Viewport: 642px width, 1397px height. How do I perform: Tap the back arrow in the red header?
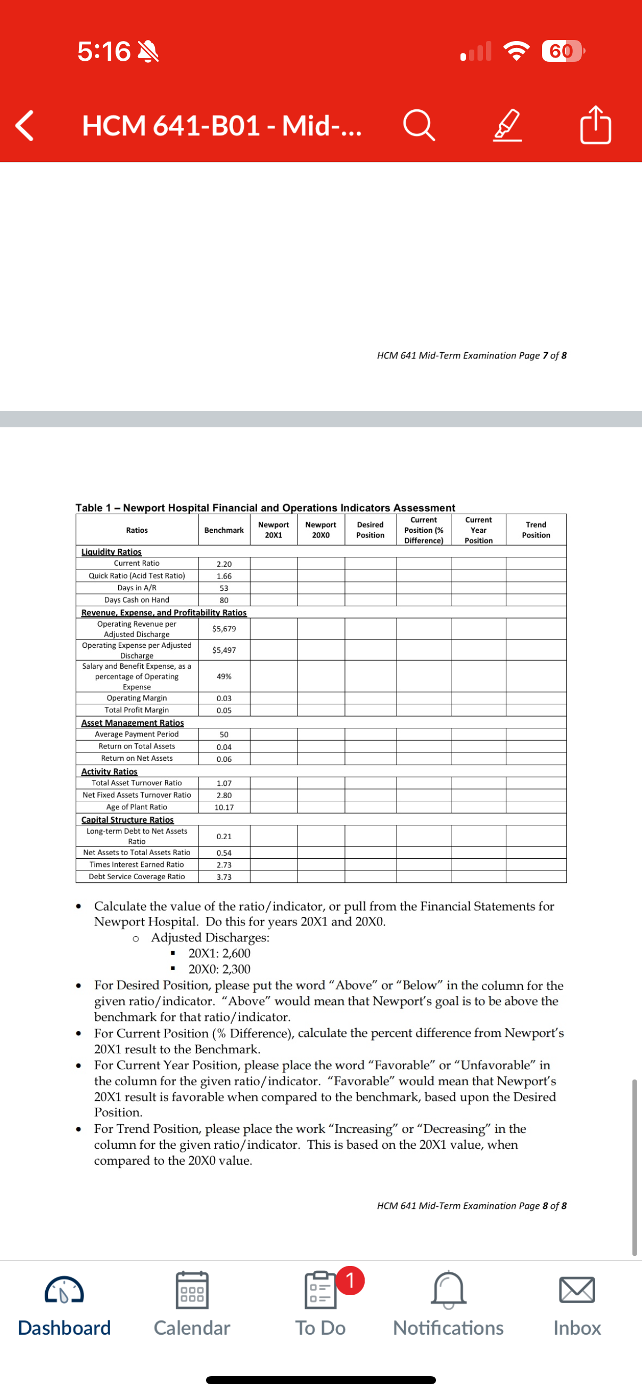point(24,125)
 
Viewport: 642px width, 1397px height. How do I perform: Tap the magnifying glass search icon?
point(419,125)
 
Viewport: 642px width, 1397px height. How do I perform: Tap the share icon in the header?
point(595,125)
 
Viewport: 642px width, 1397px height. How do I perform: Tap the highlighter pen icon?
point(508,125)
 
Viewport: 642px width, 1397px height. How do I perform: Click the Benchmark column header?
point(224,530)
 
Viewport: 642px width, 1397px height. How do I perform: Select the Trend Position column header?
point(536,530)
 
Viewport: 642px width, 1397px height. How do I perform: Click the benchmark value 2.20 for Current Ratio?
point(224,564)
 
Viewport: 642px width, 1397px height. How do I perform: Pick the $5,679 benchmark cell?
point(224,629)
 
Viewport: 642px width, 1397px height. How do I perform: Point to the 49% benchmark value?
point(224,676)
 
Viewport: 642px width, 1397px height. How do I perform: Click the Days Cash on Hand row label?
point(136,600)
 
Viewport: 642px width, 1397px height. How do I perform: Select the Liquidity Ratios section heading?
point(111,551)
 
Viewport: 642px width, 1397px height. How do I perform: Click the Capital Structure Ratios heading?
point(127,819)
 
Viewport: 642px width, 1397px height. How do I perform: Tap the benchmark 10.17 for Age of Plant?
point(224,807)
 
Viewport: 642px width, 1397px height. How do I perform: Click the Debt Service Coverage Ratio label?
point(136,876)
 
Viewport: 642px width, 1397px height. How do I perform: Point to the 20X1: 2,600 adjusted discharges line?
point(219,953)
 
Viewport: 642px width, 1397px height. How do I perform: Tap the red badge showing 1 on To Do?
point(350,1280)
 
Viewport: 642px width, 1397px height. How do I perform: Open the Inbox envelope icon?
point(577,1289)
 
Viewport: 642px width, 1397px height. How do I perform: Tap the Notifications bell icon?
point(448,1289)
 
